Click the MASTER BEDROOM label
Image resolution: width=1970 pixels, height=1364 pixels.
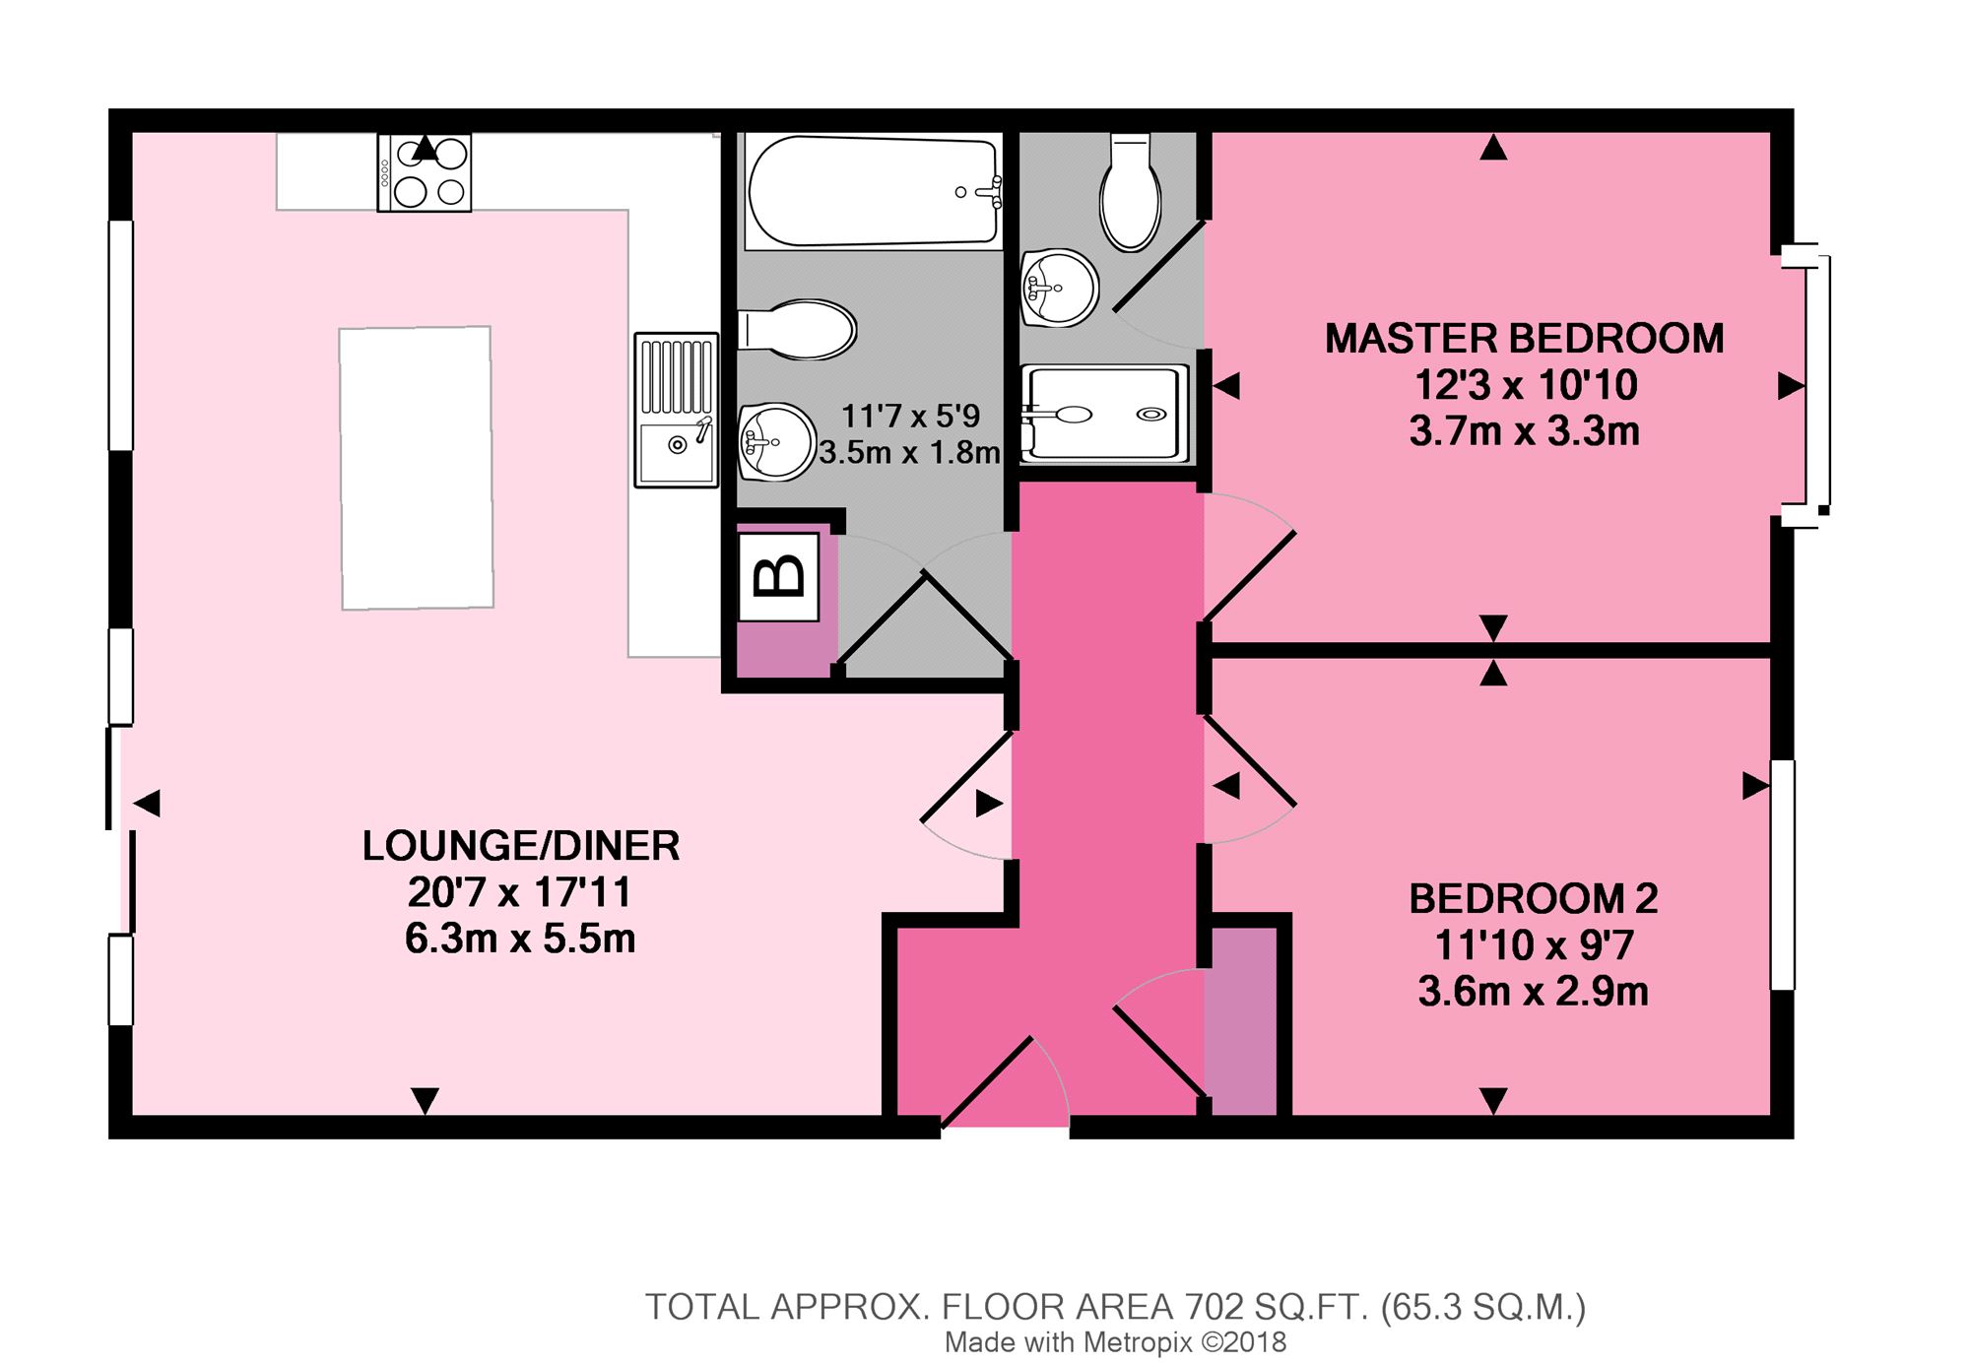click(1524, 339)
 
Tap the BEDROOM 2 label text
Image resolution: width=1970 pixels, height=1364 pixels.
click(1534, 898)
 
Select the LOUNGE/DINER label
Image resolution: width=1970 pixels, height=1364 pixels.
click(521, 846)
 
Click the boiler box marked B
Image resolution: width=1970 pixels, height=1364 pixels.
click(778, 577)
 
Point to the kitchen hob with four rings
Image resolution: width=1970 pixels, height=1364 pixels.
click(425, 172)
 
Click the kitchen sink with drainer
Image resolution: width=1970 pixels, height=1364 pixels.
click(676, 410)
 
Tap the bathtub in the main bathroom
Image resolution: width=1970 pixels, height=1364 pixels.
click(873, 191)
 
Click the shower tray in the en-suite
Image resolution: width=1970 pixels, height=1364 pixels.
click(1104, 414)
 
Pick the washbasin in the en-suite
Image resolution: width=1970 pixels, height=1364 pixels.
click(1059, 288)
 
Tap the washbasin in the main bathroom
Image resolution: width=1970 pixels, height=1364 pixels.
click(777, 442)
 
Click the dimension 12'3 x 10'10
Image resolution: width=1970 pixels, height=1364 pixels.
click(1526, 385)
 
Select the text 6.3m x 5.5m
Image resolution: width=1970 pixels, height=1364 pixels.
click(520, 939)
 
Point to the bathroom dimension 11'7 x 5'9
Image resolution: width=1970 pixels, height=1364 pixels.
click(911, 417)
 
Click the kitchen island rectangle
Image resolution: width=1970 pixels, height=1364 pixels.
click(417, 468)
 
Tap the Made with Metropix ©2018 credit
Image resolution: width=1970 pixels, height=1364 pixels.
click(1115, 1342)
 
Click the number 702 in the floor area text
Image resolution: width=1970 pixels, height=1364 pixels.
click(1214, 1307)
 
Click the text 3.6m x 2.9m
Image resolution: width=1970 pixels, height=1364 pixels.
click(1534, 992)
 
